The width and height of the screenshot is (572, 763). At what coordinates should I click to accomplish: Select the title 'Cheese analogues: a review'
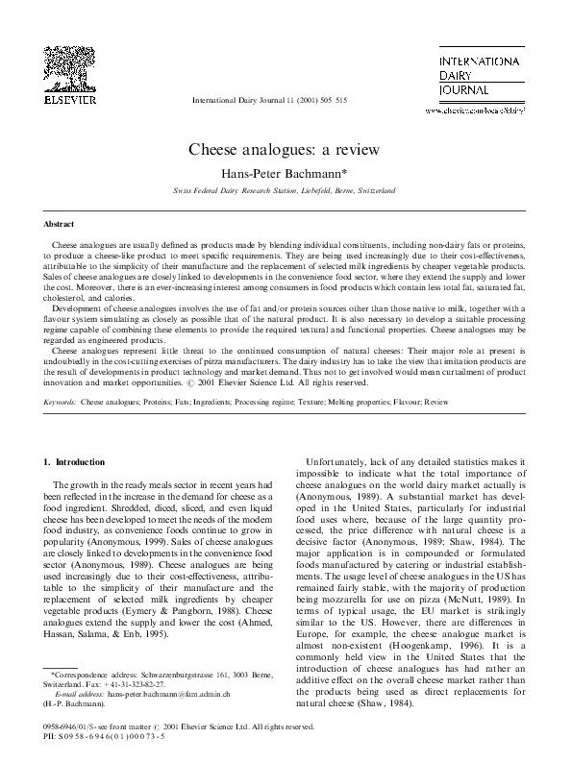285,150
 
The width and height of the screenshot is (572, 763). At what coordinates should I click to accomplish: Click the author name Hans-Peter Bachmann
285,174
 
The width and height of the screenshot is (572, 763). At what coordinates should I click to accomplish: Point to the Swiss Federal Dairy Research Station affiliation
285,192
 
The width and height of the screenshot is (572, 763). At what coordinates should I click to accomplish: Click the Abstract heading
59,223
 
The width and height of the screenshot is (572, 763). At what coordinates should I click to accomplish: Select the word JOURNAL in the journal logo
452,93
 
